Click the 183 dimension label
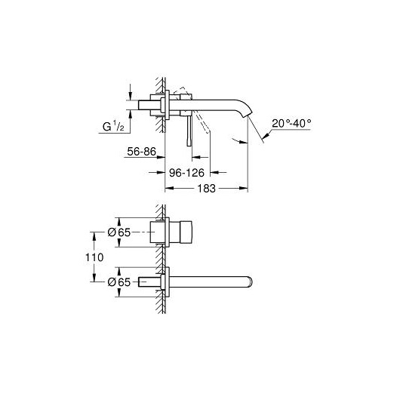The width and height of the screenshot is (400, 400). click(x=206, y=189)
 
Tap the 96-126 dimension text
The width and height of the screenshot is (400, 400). click(x=186, y=173)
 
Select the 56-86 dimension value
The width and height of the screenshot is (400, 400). click(x=141, y=152)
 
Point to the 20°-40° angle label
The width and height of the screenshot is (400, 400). click(x=291, y=124)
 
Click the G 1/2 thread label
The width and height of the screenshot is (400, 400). click(x=113, y=126)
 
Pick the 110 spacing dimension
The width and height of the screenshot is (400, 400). click(x=94, y=257)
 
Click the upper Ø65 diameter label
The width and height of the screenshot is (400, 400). click(x=119, y=232)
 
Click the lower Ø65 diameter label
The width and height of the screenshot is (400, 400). click(x=119, y=282)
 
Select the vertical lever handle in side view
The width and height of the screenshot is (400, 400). click(x=189, y=131)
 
